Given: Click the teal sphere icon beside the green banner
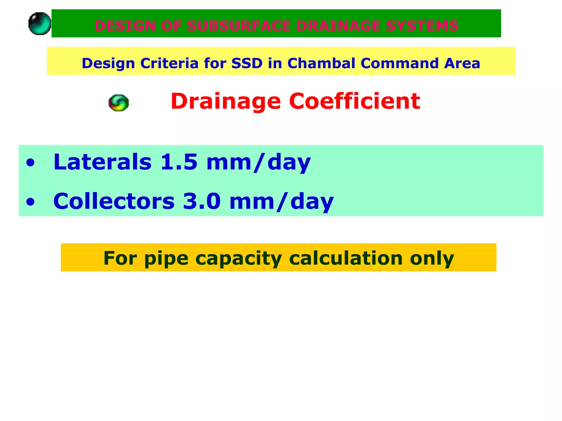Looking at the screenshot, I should [x=40, y=24].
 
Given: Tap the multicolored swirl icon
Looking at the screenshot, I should [x=119, y=103].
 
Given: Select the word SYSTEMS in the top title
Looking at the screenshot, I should [x=422, y=26].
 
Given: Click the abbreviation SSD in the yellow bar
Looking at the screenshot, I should [x=247, y=63].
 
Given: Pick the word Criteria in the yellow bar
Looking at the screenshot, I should [x=169, y=63].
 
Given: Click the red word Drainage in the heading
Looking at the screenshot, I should [x=226, y=101].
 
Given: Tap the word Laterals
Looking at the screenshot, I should [x=102, y=162].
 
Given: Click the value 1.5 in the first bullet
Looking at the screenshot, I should [x=179, y=162].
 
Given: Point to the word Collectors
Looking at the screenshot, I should [x=114, y=201].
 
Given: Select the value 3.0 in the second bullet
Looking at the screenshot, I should [x=202, y=201].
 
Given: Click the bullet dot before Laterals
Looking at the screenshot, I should [x=30, y=163].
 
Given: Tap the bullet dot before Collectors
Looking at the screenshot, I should [x=30, y=202].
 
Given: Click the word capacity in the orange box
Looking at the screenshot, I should [x=239, y=258].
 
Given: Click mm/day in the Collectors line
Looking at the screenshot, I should [x=281, y=201].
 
